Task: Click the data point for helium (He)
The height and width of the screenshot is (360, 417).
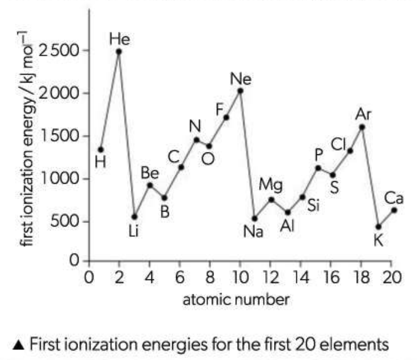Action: click(119, 52)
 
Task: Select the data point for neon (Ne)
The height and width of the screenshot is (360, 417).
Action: click(240, 91)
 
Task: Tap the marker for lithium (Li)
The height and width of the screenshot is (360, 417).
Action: click(135, 216)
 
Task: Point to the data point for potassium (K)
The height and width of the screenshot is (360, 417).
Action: click(378, 226)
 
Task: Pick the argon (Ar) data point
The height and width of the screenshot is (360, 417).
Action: click(362, 126)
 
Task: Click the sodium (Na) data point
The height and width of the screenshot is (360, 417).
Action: click(255, 218)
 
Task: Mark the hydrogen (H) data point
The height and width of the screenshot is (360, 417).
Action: click(101, 149)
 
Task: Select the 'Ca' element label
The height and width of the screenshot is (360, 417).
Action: click(394, 197)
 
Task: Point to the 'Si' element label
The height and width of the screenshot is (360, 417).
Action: click(314, 206)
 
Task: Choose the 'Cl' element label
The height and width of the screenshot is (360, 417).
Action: click(338, 144)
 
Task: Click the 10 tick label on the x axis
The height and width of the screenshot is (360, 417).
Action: click(239, 278)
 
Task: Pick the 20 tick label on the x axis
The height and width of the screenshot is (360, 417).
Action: click(391, 278)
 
